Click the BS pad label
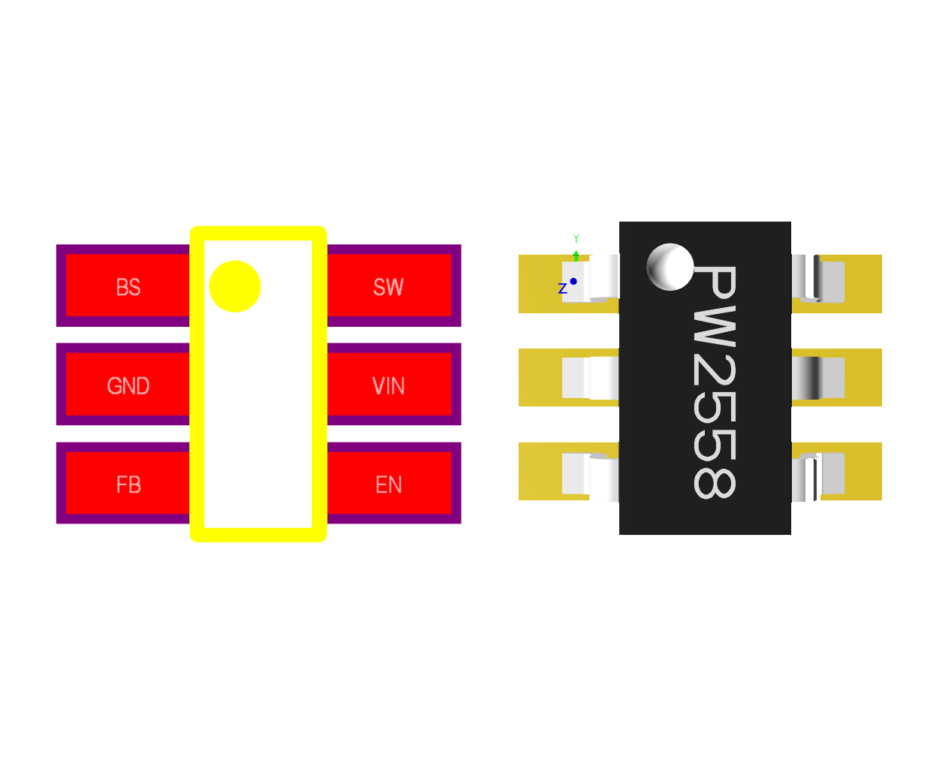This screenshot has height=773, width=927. (x=128, y=287)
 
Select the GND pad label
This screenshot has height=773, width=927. (x=128, y=386)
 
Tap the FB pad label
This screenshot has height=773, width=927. (x=128, y=485)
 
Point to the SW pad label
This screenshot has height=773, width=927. (x=388, y=287)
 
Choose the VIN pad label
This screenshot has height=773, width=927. (x=388, y=386)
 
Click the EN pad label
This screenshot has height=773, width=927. (x=388, y=485)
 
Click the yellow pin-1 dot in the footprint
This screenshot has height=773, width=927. (x=235, y=286)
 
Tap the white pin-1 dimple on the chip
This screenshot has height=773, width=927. (x=670, y=267)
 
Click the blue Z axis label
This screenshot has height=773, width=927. (x=562, y=288)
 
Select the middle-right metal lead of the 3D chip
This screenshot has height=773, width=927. (x=818, y=378)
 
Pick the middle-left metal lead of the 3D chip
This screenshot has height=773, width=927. (x=591, y=378)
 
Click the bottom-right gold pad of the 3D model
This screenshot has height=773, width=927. (x=863, y=471)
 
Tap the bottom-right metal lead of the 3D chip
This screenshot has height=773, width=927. (x=818, y=476)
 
